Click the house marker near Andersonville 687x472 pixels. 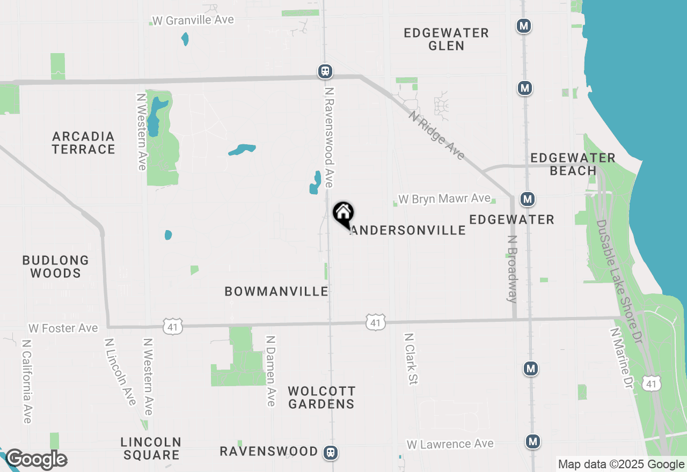[343, 213]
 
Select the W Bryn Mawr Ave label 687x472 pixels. [444, 199]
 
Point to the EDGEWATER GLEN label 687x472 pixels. [446, 39]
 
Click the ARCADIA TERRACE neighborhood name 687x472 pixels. [84, 143]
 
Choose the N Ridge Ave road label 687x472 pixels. [436, 135]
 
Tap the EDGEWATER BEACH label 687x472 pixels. [573, 164]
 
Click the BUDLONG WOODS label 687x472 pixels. [56, 267]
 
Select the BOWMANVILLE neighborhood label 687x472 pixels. [276, 291]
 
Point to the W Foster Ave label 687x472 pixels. [63, 328]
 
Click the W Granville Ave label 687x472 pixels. [193, 20]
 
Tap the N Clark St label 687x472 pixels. [411, 359]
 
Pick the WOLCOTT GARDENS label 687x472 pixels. [321, 397]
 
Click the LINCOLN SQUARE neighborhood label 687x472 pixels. [151, 449]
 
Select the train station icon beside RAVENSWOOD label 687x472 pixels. [331, 453]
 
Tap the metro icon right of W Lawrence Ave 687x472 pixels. [532, 441]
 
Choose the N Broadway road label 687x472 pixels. [512, 269]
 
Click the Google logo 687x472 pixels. [36, 460]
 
